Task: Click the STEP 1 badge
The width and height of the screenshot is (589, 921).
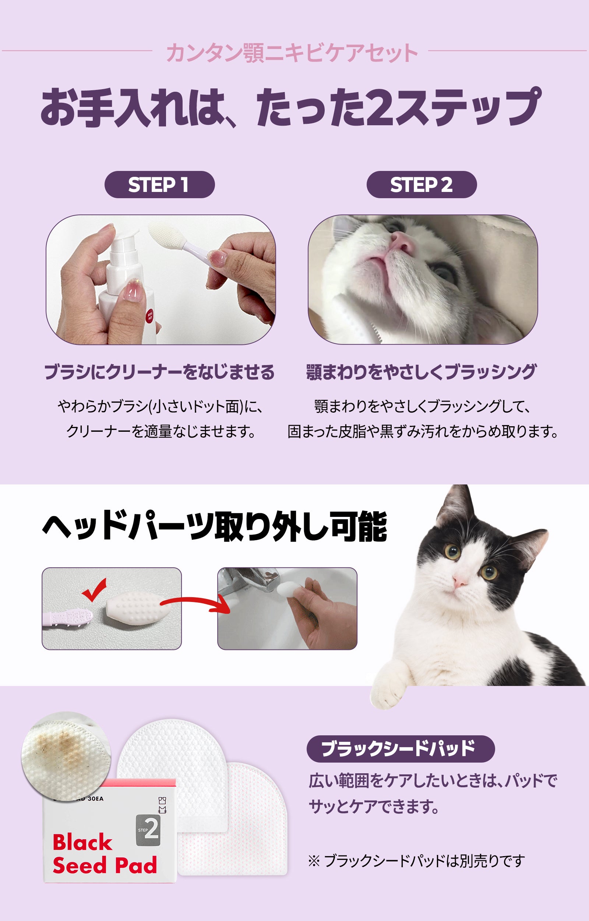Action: [159, 185]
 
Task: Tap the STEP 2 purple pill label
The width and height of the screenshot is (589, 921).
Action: [422, 185]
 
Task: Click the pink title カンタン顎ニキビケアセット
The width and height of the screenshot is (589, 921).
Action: [292, 52]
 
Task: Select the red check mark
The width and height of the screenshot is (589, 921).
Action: [94, 590]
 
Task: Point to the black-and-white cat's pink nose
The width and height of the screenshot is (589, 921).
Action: [461, 582]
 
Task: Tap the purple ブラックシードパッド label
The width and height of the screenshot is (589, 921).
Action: [401, 748]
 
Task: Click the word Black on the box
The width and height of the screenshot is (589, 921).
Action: [82, 842]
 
